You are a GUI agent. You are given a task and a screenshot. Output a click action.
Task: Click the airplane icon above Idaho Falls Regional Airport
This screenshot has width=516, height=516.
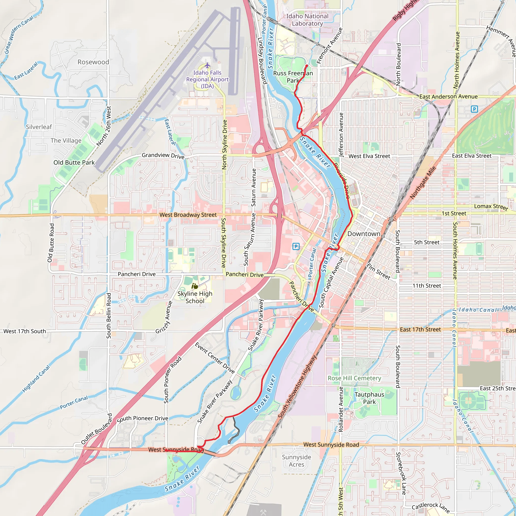tap(207, 66)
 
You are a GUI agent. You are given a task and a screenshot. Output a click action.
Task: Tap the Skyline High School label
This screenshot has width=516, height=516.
tap(195, 297)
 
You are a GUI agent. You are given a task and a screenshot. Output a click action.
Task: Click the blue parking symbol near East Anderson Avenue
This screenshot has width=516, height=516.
tap(474, 109)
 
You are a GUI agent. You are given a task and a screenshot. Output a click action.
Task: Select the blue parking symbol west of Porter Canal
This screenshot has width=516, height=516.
tap(296, 246)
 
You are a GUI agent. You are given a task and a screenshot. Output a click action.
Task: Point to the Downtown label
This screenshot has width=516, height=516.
tap(364, 234)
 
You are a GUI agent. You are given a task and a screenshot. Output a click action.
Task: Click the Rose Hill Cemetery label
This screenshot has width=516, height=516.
tap(354, 378)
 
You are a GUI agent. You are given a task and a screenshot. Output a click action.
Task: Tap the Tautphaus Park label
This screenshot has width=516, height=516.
tap(369, 398)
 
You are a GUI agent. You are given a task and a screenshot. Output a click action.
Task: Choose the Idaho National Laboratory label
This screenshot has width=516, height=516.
tap(307, 20)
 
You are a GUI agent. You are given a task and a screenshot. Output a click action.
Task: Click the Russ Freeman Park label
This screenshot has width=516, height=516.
tap(293, 77)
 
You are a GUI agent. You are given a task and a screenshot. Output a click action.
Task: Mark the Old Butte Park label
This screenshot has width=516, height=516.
tap(74, 163)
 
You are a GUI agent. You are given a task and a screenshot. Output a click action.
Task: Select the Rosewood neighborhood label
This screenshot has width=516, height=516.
tap(93, 62)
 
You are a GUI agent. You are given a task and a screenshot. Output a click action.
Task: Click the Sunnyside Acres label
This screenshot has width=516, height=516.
tap(297, 461)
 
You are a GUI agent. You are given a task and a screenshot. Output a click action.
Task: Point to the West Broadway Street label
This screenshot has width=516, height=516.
tap(188, 215)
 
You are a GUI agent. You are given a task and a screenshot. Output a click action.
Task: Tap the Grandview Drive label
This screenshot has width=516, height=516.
tap(163, 155)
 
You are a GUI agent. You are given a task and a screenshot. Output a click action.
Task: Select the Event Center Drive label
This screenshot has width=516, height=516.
tap(215, 358)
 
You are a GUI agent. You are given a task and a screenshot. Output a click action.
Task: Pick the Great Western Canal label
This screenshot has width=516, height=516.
tap(19, 35)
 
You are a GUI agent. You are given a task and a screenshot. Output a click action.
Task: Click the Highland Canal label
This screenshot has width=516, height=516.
tap(36, 379)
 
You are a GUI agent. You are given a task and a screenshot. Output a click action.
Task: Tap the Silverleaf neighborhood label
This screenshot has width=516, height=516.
tap(39, 127)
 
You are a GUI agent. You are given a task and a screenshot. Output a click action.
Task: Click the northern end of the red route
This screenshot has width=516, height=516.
tap(307, 66)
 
